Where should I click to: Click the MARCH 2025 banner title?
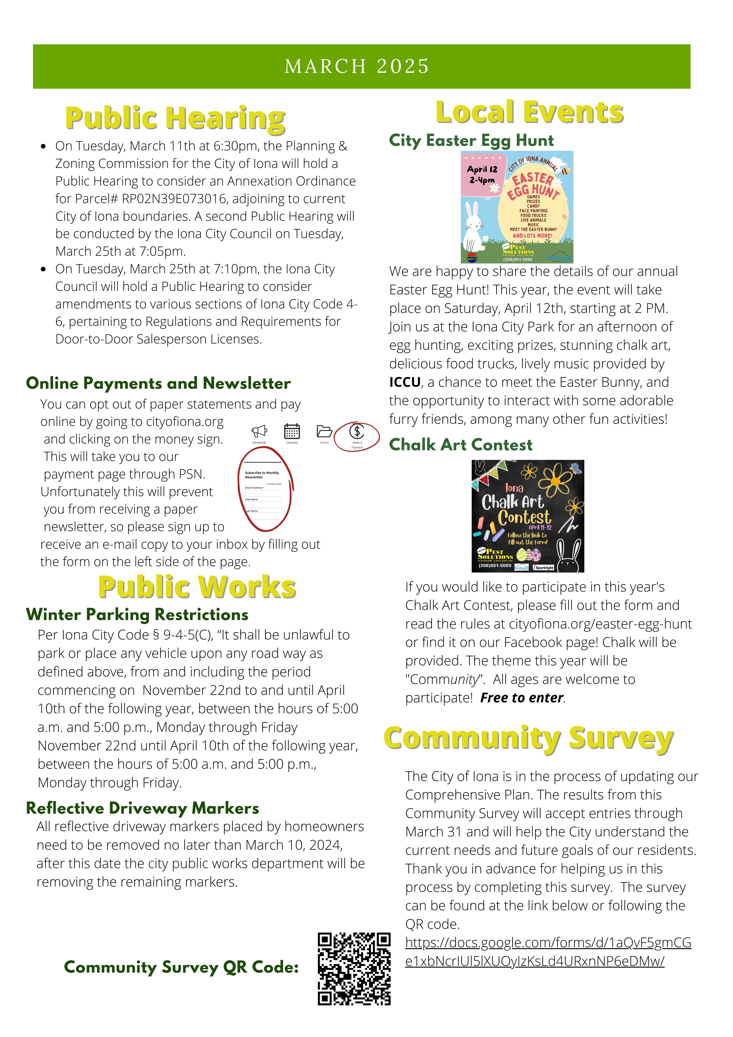[357, 66]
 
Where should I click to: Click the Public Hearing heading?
[175, 118]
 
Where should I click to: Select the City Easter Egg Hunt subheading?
[471, 141]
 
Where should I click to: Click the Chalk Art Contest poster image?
[527, 516]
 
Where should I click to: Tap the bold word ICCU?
[405, 382]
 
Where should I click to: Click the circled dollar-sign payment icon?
[357, 432]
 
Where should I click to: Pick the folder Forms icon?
[324, 432]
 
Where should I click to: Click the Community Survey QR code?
[354, 969]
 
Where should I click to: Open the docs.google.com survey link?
[548, 952]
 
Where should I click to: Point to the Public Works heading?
[197, 587]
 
